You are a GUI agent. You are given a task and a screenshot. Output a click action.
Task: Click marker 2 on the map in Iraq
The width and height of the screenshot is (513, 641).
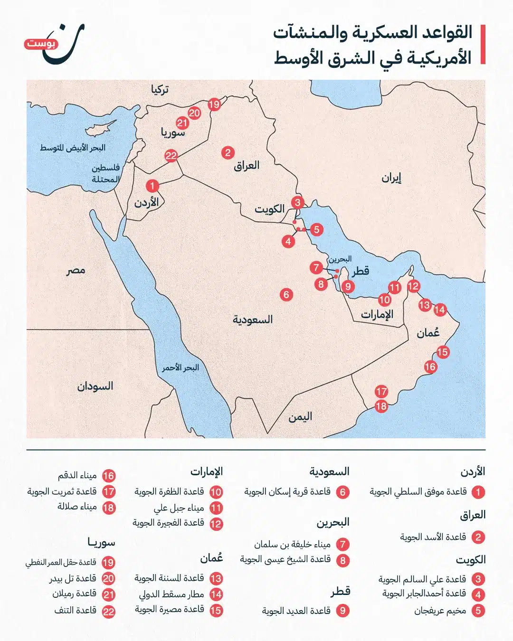[228, 152]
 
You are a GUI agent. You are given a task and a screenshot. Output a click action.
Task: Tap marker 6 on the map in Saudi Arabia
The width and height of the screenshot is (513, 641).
[286, 294]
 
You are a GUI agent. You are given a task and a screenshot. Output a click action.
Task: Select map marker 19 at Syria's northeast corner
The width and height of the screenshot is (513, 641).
[214, 104]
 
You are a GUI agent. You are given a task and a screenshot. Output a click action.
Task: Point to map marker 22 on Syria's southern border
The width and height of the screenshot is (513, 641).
[171, 155]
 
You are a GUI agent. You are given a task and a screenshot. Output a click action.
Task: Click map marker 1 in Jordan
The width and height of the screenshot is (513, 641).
[152, 186]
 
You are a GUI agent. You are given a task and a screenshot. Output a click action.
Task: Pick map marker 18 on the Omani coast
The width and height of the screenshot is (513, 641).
[381, 406]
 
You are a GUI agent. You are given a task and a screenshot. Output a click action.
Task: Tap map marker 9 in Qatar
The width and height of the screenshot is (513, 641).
[348, 286]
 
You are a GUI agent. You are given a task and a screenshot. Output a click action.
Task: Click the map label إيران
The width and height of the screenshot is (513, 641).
[391, 178]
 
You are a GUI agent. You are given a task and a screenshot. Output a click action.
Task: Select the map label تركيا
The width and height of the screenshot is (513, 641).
[160, 89]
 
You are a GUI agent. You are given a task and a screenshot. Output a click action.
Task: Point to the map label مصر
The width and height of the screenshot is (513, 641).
[76, 271]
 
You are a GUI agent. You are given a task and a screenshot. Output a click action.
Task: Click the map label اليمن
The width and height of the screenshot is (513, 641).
[300, 417]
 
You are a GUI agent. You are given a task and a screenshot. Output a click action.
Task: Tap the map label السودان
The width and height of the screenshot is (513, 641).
[95, 386]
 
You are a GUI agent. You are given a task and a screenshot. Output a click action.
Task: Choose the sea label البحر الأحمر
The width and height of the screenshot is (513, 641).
[180, 368]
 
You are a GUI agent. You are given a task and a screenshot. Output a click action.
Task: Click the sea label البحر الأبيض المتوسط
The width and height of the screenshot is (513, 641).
[72, 148]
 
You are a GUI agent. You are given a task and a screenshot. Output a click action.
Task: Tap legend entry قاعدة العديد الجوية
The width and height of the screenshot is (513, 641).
[296, 611]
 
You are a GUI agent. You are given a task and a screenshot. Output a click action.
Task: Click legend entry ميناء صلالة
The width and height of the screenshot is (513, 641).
[77, 507]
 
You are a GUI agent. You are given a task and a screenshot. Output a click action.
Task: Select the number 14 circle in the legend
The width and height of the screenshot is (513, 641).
[216, 594]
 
